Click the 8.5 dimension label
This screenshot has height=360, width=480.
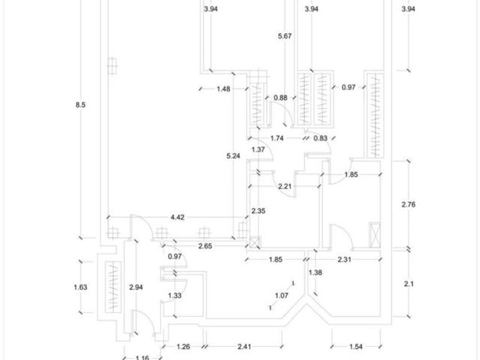point(81,105)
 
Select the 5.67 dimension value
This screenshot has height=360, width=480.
point(285,36)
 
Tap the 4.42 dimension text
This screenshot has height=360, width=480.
point(178,217)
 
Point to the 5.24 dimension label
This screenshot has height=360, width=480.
point(233,156)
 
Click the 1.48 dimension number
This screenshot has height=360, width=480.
point(223,89)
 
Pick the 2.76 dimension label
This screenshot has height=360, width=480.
point(409,204)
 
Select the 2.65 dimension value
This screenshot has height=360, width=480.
point(205,246)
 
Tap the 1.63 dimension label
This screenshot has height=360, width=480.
point(81,287)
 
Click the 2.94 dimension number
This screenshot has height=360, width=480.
point(136,287)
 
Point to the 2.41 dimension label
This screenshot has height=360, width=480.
point(245,346)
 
